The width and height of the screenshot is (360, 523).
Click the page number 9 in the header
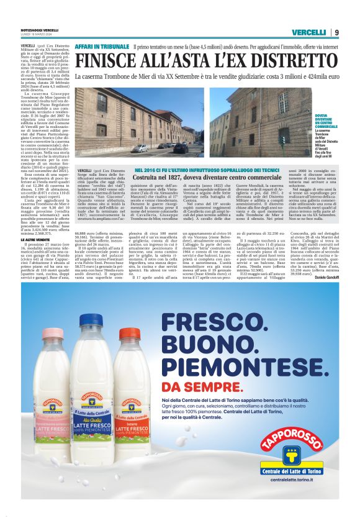336,32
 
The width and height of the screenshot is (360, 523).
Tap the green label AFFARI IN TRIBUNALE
102,47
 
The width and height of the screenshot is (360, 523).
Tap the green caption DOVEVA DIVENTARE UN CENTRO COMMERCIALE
326,121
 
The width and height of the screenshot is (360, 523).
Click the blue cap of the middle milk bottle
91,321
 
